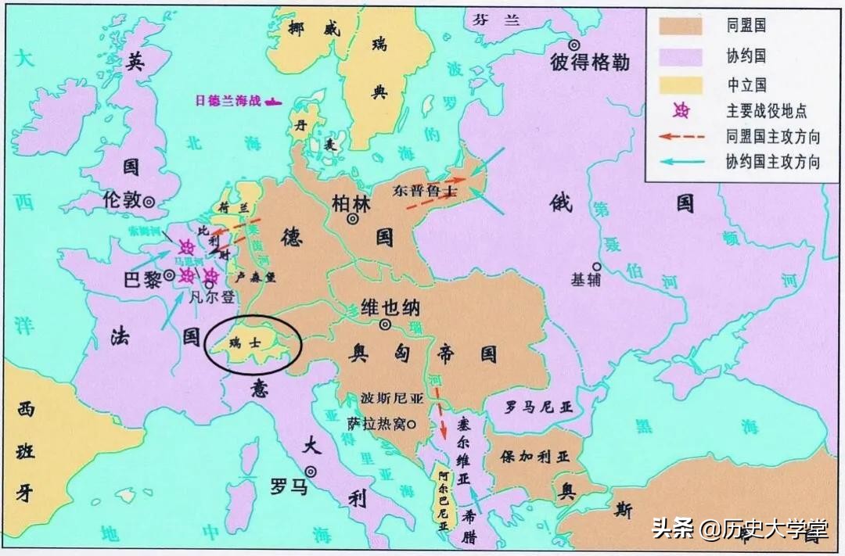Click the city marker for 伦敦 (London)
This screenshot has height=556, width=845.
[149, 202]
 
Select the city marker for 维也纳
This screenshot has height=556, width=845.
[385, 325]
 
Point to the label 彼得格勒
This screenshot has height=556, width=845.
[590, 63]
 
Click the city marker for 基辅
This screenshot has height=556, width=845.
[596, 265]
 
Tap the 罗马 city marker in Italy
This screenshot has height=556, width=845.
[311, 472]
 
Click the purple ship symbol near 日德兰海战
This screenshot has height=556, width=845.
[273, 101]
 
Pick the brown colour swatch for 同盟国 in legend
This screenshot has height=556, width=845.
[679, 26]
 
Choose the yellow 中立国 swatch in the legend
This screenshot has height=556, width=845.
[679, 83]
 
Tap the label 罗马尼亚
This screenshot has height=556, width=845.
[539, 407]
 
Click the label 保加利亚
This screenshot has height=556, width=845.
[533, 455]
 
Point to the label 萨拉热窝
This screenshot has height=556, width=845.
[376, 423]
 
